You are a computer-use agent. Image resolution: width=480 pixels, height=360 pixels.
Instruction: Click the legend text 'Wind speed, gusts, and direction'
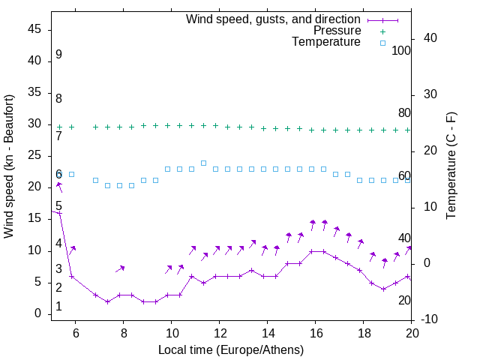(x=274, y=19)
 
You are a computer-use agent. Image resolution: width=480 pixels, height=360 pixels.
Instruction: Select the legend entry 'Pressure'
(x=337, y=31)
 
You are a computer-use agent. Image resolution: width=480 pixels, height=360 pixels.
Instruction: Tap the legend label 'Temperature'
(x=326, y=43)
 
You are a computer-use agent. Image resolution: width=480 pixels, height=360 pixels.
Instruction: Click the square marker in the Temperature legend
(x=382, y=43)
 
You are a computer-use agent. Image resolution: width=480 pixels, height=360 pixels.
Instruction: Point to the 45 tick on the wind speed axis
(x=34, y=29)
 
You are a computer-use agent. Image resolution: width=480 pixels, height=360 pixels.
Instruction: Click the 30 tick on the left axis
(x=34, y=124)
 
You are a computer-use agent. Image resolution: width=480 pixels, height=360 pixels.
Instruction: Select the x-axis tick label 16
(x=316, y=333)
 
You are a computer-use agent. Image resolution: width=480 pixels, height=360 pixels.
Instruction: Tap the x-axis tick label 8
(x=124, y=333)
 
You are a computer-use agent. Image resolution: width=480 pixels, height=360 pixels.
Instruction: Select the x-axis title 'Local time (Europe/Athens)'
(x=231, y=349)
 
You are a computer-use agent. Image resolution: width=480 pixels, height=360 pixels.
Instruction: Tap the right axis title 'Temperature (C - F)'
(x=451, y=166)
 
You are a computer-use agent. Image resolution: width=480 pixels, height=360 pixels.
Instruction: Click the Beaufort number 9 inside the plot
(x=58, y=55)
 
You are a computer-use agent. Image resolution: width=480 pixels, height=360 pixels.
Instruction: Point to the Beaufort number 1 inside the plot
(x=58, y=307)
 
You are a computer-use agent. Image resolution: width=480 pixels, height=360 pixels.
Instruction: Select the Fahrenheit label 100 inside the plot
(x=401, y=51)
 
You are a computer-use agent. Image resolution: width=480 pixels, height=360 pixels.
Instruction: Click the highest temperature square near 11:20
(x=203, y=163)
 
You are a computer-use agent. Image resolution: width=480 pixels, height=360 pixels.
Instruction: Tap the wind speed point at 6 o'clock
(x=72, y=276)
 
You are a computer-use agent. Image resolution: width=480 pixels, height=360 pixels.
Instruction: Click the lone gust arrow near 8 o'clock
(x=120, y=268)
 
